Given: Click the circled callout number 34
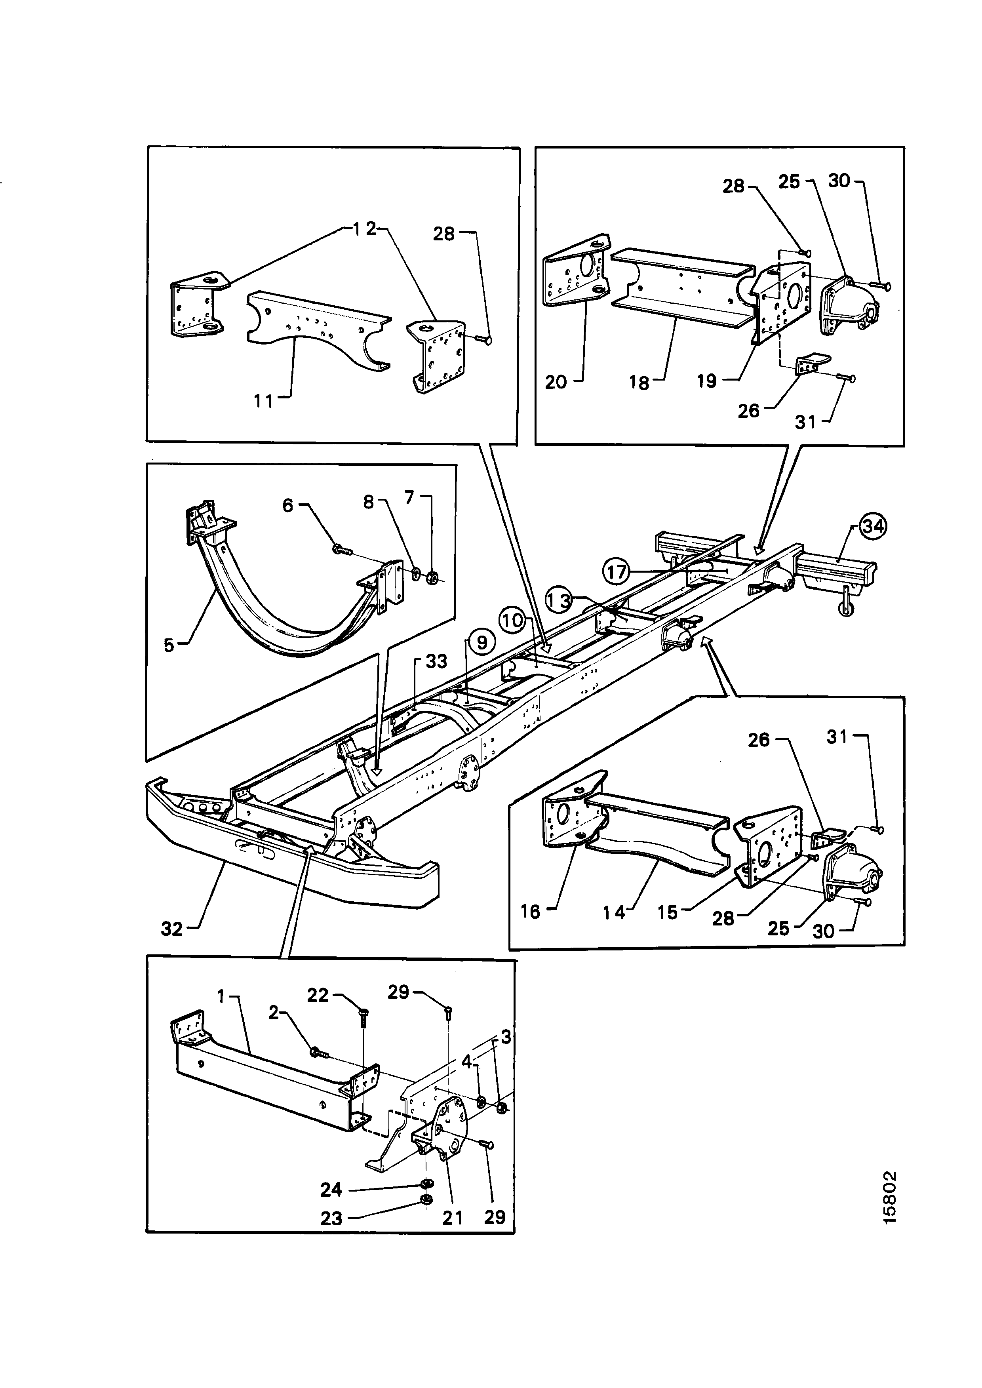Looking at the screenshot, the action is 873,526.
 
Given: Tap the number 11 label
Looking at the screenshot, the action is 264,401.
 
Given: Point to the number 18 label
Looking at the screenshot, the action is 639,382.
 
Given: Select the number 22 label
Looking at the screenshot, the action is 318,995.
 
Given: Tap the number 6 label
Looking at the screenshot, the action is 288,505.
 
